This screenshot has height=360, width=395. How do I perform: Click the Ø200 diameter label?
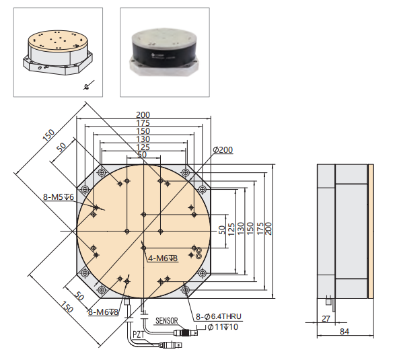(223, 149)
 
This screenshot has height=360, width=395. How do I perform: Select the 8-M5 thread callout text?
(59, 197)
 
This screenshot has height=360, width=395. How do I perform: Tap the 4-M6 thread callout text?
(162, 258)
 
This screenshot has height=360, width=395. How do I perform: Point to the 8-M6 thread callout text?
(103, 312)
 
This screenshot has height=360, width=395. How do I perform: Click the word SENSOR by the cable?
(168, 322)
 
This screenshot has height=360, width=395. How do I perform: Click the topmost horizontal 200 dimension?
(143, 115)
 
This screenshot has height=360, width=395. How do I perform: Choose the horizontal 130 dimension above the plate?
(143, 139)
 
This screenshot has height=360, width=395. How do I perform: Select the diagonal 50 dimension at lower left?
(78, 297)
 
